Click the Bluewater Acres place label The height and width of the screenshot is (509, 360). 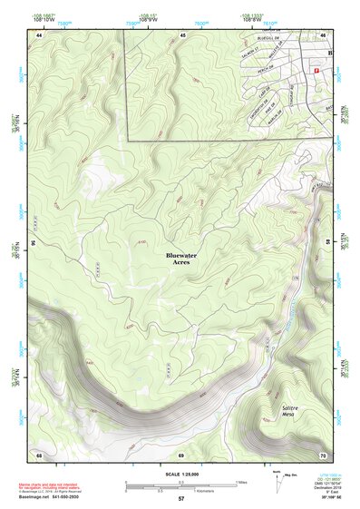tap(181, 259)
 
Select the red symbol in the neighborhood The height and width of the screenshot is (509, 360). tap(316, 70)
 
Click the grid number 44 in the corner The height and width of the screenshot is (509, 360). tap(40, 34)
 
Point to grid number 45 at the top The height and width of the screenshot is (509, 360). tap(182, 34)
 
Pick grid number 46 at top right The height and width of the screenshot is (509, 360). tap(324, 34)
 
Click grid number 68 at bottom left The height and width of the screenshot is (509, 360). tap(40, 453)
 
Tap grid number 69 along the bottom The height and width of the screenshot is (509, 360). tap(180, 453)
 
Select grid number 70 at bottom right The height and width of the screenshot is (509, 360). tap(322, 453)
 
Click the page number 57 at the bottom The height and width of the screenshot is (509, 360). tap(180, 499)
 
